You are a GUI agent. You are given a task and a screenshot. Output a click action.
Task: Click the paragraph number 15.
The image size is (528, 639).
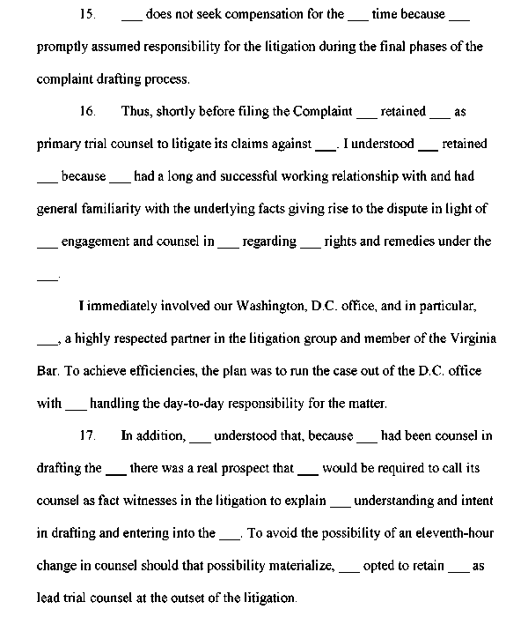(x=86, y=15)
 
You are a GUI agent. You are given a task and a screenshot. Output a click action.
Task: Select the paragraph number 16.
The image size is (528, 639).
(x=86, y=112)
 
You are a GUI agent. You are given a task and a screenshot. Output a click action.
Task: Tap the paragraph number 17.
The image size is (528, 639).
(x=86, y=435)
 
